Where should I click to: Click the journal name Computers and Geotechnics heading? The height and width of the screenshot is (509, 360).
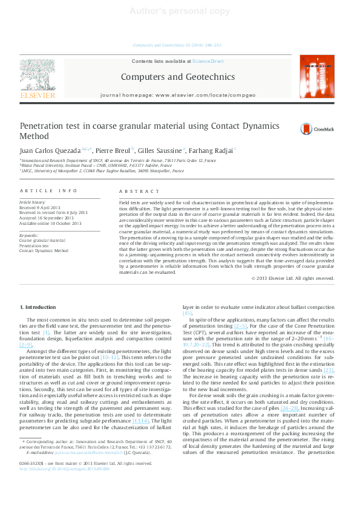(x=177, y=77)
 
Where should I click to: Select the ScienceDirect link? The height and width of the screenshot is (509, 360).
(x=208, y=61)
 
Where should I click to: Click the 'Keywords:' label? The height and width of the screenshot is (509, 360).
(x=29, y=235)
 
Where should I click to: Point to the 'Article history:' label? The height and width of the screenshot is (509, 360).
(x=33, y=202)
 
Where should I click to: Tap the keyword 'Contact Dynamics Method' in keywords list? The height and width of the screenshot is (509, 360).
(x=44, y=250)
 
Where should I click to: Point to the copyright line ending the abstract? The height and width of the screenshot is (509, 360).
(x=292, y=278)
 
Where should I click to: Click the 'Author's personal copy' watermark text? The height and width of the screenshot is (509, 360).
(x=180, y=11)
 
